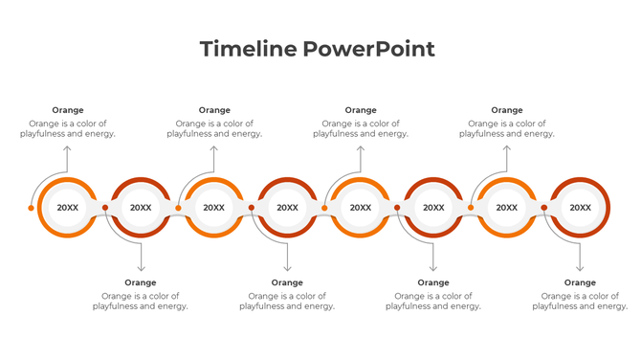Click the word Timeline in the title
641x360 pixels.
tap(248, 49)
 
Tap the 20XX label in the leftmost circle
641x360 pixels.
tap(68, 208)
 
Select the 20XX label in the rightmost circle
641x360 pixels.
tap(580, 208)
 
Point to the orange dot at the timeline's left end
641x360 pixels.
tap(32, 208)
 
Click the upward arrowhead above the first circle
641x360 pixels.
tap(67, 148)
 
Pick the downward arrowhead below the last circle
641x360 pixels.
tap(580, 268)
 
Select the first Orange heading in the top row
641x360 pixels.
tap(68, 110)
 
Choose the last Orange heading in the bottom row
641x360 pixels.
tap(580, 282)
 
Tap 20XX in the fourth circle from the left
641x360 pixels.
tap(287, 208)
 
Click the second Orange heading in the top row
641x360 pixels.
tap(214, 110)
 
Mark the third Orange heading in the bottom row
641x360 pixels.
tap(433, 282)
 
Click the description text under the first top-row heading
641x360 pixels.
tap(68, 129)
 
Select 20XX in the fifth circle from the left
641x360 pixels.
tap(361, 208)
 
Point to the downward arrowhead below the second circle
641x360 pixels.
tap(141, 268)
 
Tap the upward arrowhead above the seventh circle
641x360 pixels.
tap(507, 148)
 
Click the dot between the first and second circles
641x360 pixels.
tap(105, 207)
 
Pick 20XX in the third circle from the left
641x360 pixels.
tap(214, 208)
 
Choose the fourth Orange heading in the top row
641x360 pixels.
tap(507, 110)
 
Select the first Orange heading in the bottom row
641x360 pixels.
tap(141, 282)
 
